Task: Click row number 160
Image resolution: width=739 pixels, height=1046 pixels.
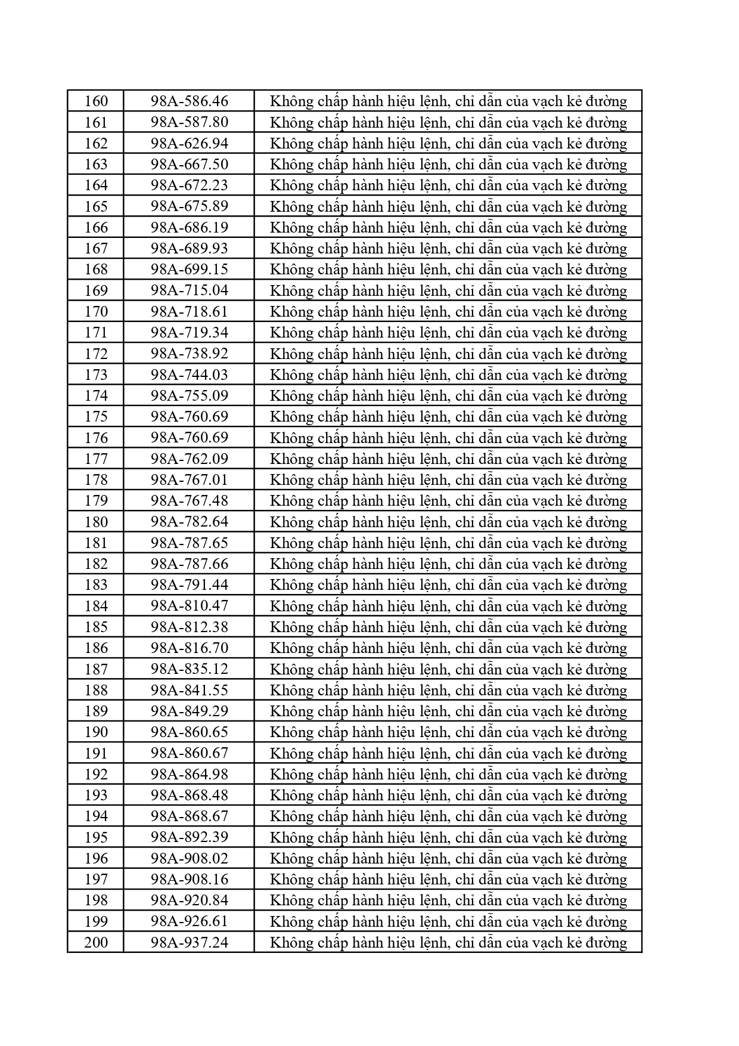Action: [96, 101]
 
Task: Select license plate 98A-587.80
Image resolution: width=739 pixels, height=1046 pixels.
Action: [190, 122]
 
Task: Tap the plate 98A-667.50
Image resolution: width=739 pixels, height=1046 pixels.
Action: [190, 165]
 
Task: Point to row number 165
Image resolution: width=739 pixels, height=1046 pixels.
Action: [96, 206]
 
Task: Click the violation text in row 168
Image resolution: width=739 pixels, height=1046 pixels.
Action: [448, 270]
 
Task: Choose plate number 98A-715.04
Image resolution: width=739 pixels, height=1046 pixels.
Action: [190, 290]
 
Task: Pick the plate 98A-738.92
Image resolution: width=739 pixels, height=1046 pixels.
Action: [190, 354]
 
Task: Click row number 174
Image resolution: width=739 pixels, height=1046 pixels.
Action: [96, 395]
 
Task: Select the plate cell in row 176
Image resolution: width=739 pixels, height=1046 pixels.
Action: [190, 438]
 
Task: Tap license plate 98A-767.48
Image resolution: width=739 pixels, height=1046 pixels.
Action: [190, 501]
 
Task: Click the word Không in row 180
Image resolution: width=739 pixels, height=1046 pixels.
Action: [291, 522]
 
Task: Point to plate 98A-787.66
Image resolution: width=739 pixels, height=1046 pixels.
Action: [190, 564]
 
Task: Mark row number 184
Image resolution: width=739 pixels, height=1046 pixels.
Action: [96, 606]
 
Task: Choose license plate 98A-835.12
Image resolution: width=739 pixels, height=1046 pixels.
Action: [190, 669]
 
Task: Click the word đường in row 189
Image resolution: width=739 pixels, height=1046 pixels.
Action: [606, 711]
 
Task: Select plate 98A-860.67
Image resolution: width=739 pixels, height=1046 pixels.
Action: [190, 753]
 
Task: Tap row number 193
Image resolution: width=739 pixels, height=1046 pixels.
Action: [96, 795]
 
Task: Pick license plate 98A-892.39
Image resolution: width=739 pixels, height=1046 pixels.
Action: [190, 837]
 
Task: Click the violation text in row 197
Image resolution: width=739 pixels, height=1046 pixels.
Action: [448, 880]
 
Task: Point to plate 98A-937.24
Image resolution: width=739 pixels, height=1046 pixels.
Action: [190, 942]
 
